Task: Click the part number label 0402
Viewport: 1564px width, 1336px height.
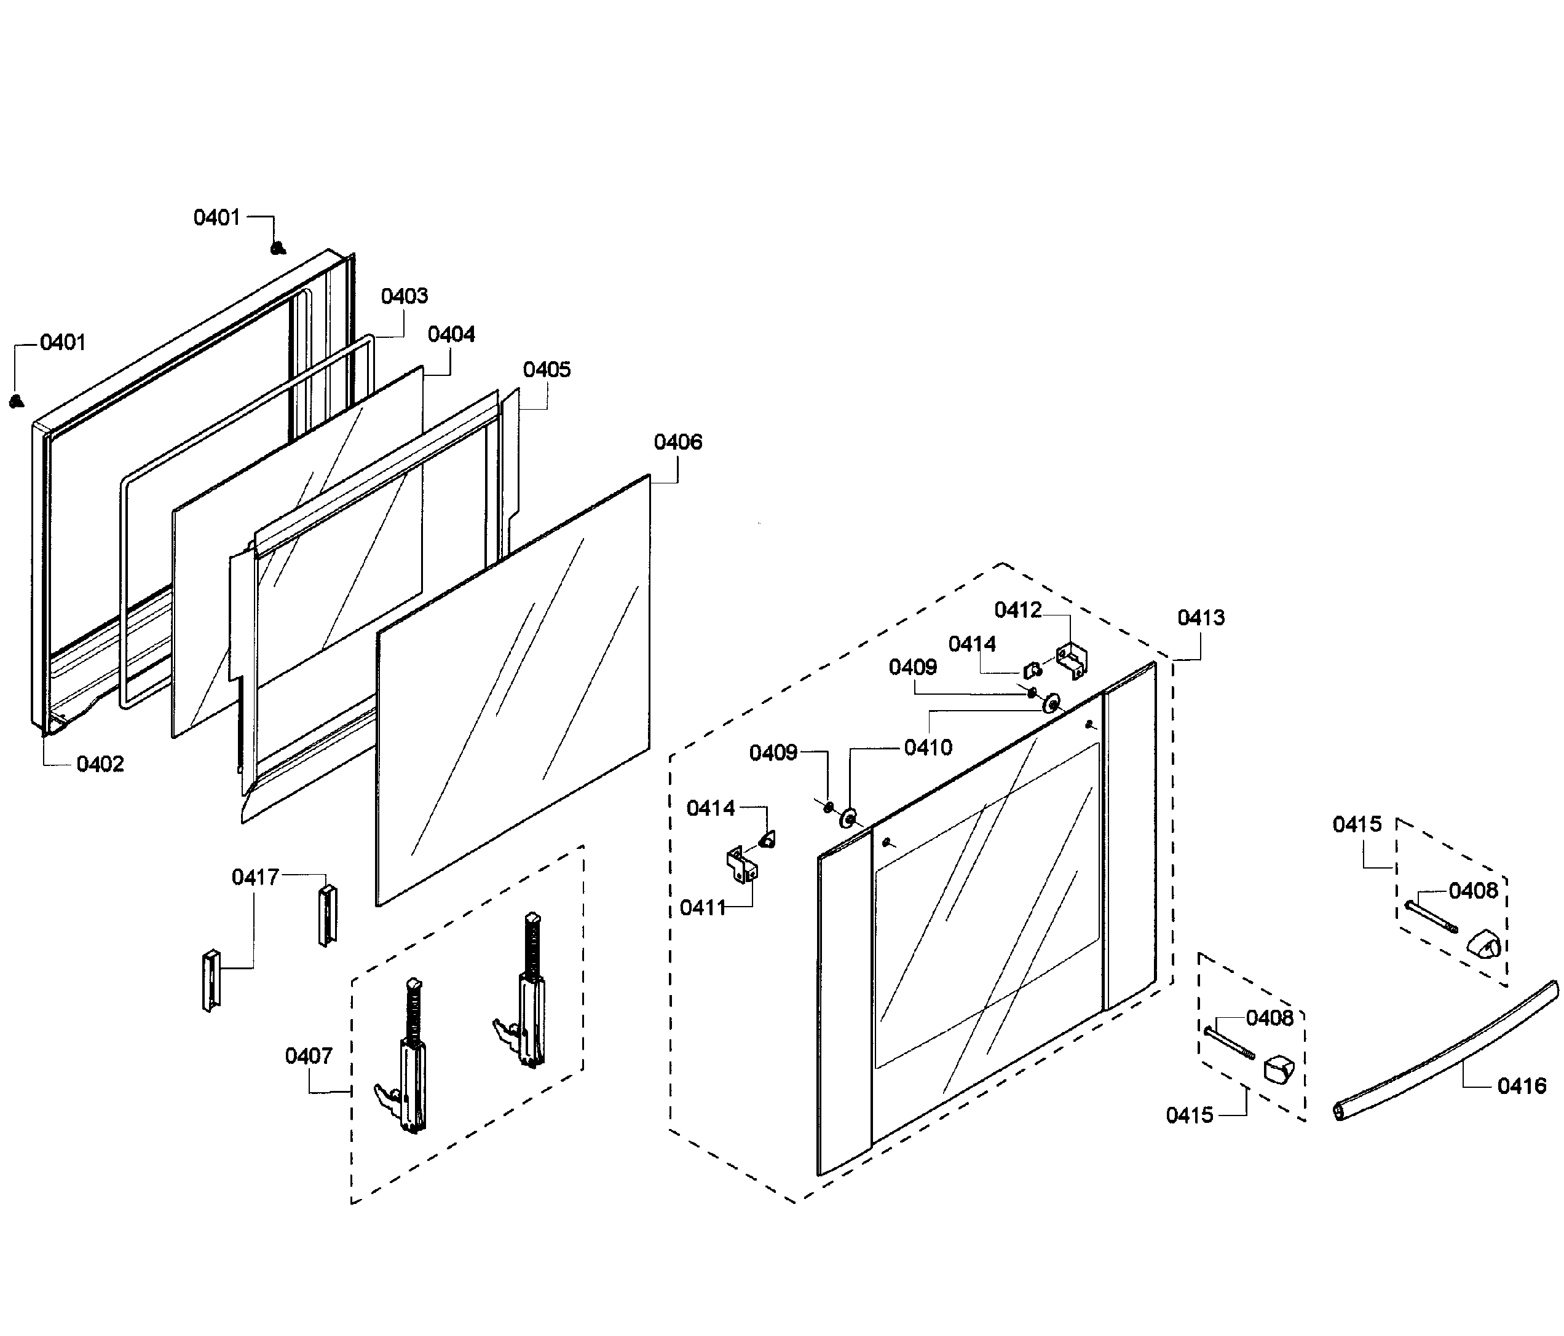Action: coord(100,764)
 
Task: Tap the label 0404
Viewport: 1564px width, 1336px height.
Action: coord(451,334)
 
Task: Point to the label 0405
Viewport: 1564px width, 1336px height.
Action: coord(547,370)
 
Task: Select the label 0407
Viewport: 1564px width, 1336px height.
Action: coord(308,1055)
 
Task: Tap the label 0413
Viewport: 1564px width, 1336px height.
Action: coord(1200,618)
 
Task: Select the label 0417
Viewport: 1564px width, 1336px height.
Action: coord(255,877)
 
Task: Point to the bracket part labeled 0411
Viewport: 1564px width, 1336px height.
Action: coord(741,864)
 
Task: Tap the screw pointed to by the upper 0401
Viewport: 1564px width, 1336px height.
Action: coord(278,248)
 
